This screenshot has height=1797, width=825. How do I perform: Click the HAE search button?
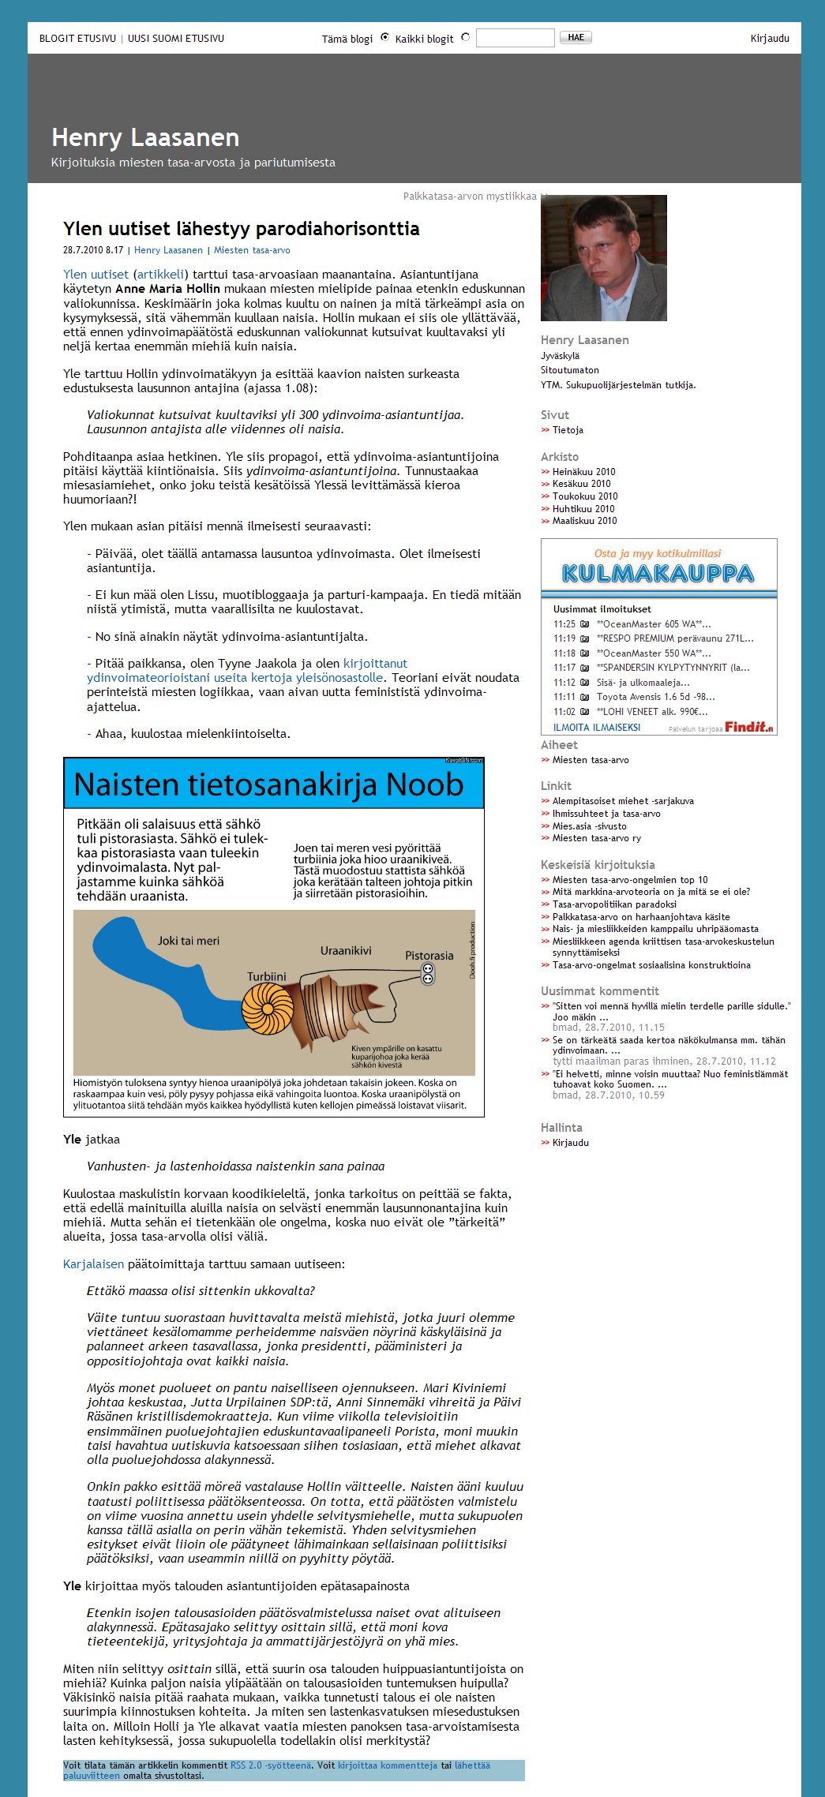(x=576, y=37)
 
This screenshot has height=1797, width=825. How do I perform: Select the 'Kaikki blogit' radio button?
(x=465, y=37)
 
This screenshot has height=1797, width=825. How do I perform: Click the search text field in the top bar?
(x=515, y=38)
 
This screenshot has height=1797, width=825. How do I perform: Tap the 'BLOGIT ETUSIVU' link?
(x=77, y=39)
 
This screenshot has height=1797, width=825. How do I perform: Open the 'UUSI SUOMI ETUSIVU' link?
(x=176, y=39)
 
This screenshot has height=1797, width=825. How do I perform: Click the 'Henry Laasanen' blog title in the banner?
(x=145, y=137)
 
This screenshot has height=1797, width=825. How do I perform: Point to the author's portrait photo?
(x=603, y=258)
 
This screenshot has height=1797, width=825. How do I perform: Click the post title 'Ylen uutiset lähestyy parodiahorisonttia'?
(x=241, y=229)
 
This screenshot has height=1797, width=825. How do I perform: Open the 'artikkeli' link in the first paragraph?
(x=161, y=275)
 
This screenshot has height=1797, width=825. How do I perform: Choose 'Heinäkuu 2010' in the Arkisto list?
(x=583, y=472)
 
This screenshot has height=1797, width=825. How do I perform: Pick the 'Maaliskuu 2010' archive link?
(x=584, y=521)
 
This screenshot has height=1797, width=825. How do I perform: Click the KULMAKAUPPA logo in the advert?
(x=658, y=573)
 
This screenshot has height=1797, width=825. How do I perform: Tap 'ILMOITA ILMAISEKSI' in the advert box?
(x=596, y=728)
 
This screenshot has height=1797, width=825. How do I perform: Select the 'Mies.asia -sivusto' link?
(x=589, y=826)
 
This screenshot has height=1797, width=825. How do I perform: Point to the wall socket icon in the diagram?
(x=428, y=973)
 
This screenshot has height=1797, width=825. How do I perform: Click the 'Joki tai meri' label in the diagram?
(x=189, y=941)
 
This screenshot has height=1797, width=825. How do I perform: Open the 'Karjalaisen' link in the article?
(x=93, y=1264)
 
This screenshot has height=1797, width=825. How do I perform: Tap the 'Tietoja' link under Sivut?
(x=568, y=430)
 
